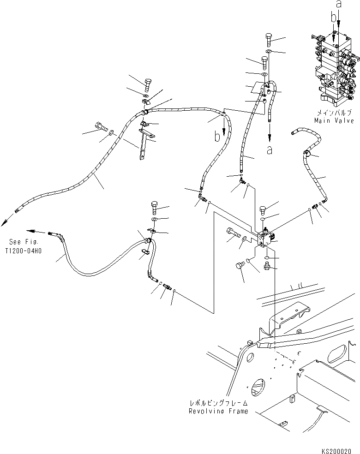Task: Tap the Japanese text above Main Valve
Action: (x=332, y=113)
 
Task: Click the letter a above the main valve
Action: (x=338, y=5)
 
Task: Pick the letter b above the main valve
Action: (x=333, y=18)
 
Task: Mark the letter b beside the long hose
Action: (x=216, y=137)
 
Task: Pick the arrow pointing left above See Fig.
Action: (x=30, y=230)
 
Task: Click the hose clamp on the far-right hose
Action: (x=306, y=154)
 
